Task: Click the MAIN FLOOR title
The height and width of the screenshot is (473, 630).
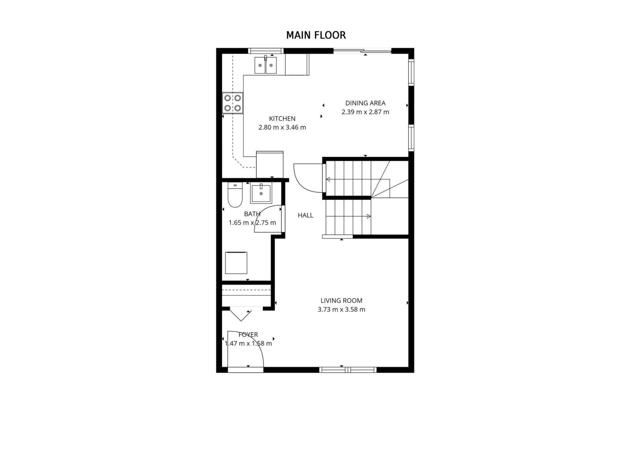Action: click(x=316, y=35)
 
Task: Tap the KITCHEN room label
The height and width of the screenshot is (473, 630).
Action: click(x=282, y=119)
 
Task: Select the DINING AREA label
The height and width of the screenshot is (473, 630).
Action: click(x=365, y=103)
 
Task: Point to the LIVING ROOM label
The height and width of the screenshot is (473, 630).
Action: click(x=341, y=301)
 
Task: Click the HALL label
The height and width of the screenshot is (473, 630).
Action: click(x=306, y=215)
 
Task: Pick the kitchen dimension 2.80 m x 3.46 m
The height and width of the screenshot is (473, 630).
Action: click(x=282, y=127)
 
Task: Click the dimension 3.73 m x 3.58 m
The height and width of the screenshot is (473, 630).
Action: click(x=341, y=309)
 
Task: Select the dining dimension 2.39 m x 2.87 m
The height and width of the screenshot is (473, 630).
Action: click(x=365, y=112)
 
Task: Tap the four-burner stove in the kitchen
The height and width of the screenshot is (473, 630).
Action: click(x=233, y=103)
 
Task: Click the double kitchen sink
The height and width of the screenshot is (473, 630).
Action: click(x=266, y=65)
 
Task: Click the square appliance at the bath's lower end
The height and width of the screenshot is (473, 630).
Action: click(x=236, y=263)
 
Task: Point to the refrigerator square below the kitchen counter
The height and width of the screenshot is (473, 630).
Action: click(x=270, y=164)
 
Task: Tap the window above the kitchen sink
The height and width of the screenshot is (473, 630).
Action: click(x=266, y=50)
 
